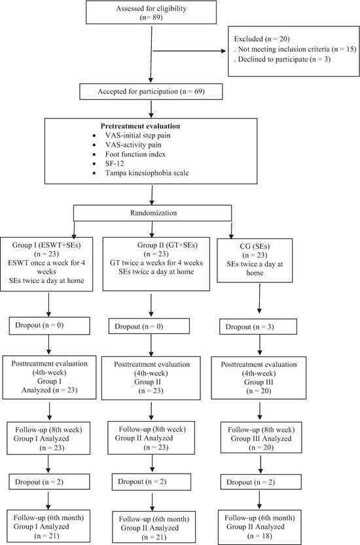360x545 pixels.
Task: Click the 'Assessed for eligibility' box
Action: pyautogui.click(x=151, y=12)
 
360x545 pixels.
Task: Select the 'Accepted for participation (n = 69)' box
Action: pyautogui.click(x=151, y=92)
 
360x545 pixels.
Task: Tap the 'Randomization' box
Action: pyautogui.click(x=153, y=213)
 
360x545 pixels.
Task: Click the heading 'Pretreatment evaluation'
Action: pyautogui.click(x=140, y=126)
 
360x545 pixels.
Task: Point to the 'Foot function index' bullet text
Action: pyautogui.click(x=135, y=155)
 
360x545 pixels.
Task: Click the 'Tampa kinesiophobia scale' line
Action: pyautogui.click(x=147, y=173)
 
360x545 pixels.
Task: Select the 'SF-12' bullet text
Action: pyautogui.click(x=115, y=163)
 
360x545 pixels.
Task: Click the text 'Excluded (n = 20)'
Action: pyautogui.click(x=262, y=39)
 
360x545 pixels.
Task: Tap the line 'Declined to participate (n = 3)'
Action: pyautogui.click(x=284, y=59)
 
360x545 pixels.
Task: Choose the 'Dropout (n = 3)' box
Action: pyautogui.click(x=258, y=327)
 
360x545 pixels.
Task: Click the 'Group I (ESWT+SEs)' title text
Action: pyautogui.click(x=46, y=245)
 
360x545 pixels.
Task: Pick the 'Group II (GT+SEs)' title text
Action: pyautogui.click(x=168, y=245)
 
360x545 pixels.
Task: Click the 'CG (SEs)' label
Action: pyautogui.click(x=255, y=246)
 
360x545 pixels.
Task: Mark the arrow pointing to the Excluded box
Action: pyautogui.click(x=190, y=51)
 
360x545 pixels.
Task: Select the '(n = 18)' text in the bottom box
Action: pyautogui.click(x=260, y=536)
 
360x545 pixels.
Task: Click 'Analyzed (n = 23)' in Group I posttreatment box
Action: pyautogui.click(x=50, y=390)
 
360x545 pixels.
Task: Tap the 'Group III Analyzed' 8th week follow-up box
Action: pyautogui.click(x=261, y=438)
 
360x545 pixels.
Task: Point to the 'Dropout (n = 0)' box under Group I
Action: pyautogui.click(x=49, y=326)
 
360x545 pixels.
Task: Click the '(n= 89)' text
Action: pyautogui.click(x=151, y=17)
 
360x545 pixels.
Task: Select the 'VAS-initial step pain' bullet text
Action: pyautogui.click(x=138, y=136)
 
